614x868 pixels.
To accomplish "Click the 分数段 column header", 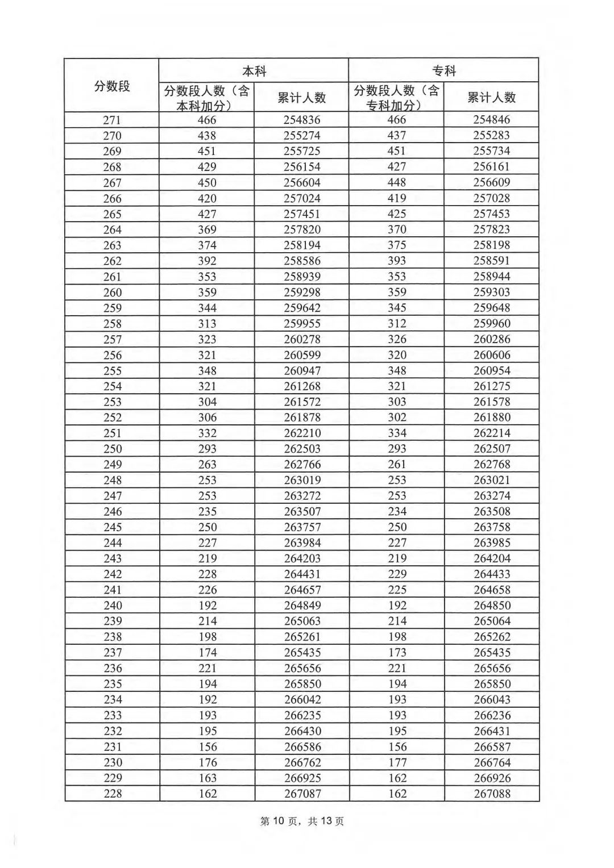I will [112, 86].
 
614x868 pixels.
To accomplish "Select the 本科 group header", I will [254, 71].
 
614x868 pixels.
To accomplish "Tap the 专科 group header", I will [444, 71].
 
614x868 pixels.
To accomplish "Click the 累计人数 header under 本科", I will [301, 98].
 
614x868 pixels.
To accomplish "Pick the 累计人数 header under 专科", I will [491, 98].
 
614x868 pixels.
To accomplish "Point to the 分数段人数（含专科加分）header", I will [396, 98].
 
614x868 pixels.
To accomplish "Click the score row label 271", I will [112, 120].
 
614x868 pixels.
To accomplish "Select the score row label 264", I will [112, 229].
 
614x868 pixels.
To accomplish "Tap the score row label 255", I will [112, 370].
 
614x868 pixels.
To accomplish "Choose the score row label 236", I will [113, 668].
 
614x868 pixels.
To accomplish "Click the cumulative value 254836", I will [302, 120].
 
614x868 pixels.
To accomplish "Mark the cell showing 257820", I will [302, 229].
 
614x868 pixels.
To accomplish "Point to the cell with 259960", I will [492, 323].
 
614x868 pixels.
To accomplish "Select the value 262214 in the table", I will [492, 433].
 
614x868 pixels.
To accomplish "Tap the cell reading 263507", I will [302, 511].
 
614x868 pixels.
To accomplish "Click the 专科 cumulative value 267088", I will [492, 794].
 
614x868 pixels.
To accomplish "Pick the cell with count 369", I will [207, 229].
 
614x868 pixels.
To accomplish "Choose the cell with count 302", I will [397, 417].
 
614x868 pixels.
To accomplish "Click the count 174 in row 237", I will [208, 652].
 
